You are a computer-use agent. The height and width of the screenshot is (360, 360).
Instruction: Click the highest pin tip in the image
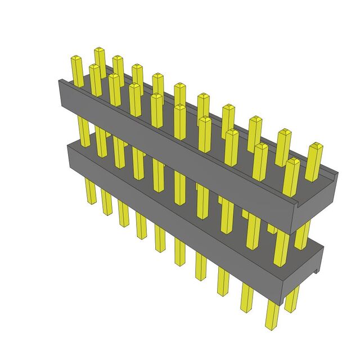pos(100,51)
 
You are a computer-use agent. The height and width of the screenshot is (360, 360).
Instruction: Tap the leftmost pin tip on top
pos(76,58)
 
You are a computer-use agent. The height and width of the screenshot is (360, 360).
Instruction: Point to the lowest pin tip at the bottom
pos(272,326)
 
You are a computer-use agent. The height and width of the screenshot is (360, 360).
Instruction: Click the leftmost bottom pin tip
pos(90,202)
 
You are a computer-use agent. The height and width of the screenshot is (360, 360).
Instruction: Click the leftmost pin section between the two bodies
pos(84,132)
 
